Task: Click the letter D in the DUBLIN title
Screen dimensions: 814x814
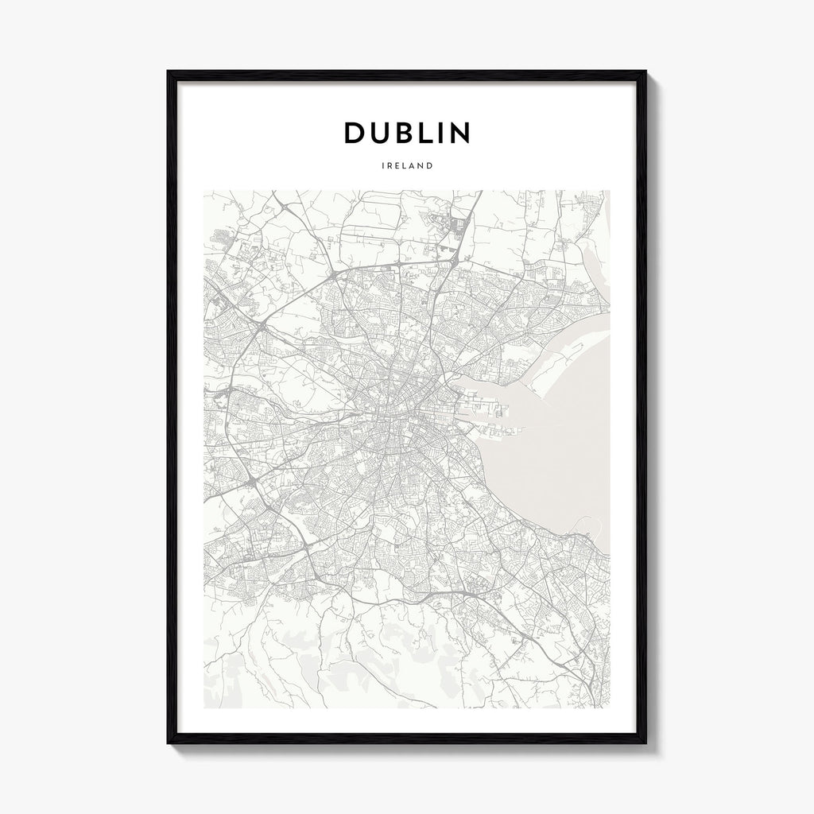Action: [x=355, y=134]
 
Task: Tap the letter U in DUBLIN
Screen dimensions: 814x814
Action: [x=384, y=134]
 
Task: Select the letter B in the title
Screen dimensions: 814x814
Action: [x=410, y=134]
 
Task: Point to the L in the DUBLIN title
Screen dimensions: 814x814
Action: [x=432, y=134]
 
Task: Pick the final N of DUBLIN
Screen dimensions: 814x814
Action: [x=461, y=134]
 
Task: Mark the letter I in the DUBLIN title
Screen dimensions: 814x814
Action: [x=446, y=134]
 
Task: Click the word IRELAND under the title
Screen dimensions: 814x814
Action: [x=407, y=167]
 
